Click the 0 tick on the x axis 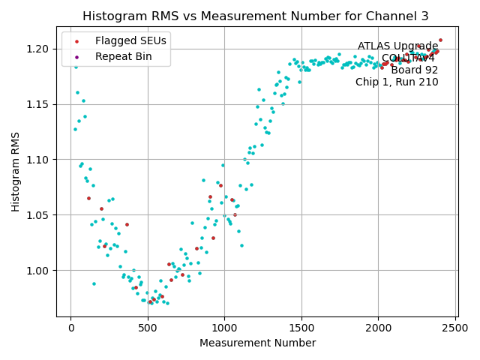pos(70,327)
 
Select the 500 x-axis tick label pos(148,327)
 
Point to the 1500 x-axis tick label pos(301,327)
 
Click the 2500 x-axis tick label pos(455,327)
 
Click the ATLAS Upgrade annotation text pos(397,46)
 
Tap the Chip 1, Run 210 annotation pos(397,82)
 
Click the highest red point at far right pos(440,40)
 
